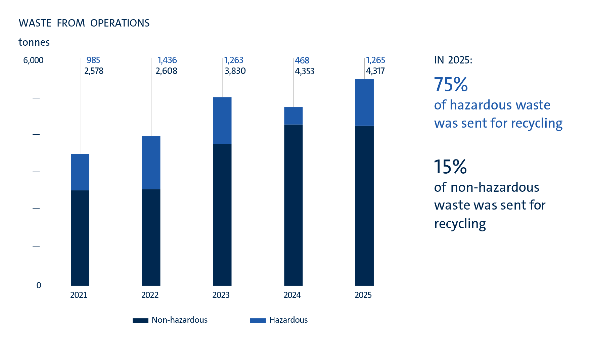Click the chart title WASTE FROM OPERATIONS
coord(84,23)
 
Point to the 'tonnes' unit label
coord(34,42)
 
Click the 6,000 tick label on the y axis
coord(33,60)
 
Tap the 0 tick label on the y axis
coord(39,285)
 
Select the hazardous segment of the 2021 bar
coord(80,172)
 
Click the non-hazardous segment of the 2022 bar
coord(151,237)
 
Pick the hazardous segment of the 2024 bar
coord(293,116)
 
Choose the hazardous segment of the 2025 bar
coord(364,102)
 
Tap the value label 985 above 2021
coord(93,60)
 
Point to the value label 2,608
coord(166,71)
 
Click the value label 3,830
coord(235,71)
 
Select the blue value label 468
coord(302,60)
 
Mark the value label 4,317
coord(375,71)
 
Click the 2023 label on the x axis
coord(221,295)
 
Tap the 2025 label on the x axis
coord(363,295)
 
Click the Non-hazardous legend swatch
coord(140,320)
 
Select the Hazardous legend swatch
coord(258,320)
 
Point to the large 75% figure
coord(451,84)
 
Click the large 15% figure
coord(450,167)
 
